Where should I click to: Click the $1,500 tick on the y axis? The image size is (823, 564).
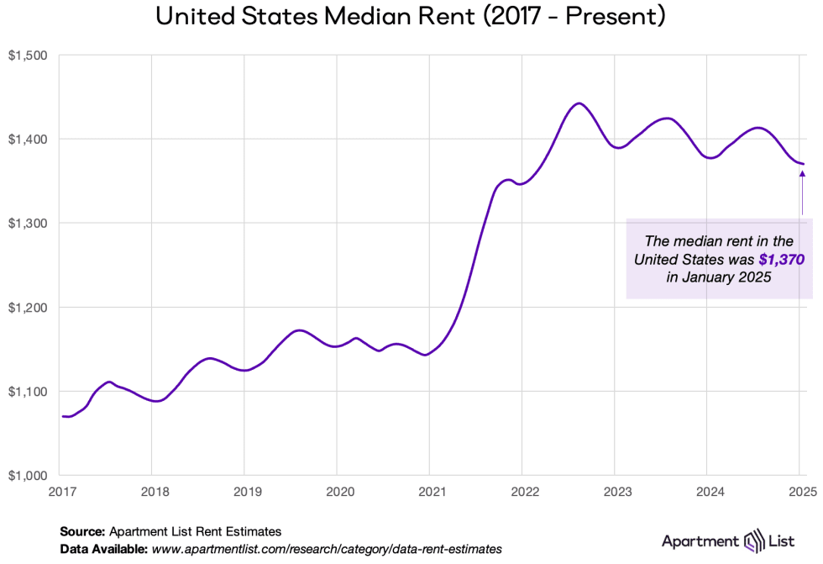[30, 55]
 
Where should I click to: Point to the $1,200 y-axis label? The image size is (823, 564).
[30, 308]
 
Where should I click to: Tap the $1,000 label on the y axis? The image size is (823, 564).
[30, 476]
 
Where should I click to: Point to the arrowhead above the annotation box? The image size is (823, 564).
[802, 174]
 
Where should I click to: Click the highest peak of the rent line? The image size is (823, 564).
[578, 103]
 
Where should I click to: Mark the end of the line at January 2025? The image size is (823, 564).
[804, 164]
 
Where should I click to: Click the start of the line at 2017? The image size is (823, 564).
[62, 416]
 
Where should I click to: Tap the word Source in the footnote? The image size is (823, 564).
[82, 531]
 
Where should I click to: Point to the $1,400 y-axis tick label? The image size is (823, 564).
[30, 139]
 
